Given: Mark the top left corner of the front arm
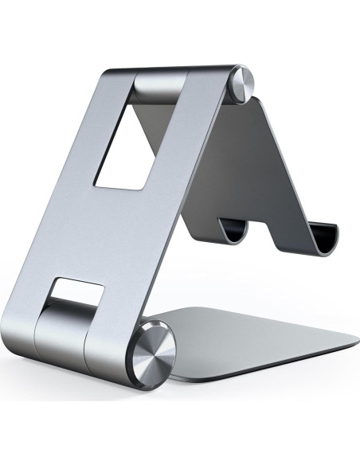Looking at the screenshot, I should [x=108, y=70].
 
